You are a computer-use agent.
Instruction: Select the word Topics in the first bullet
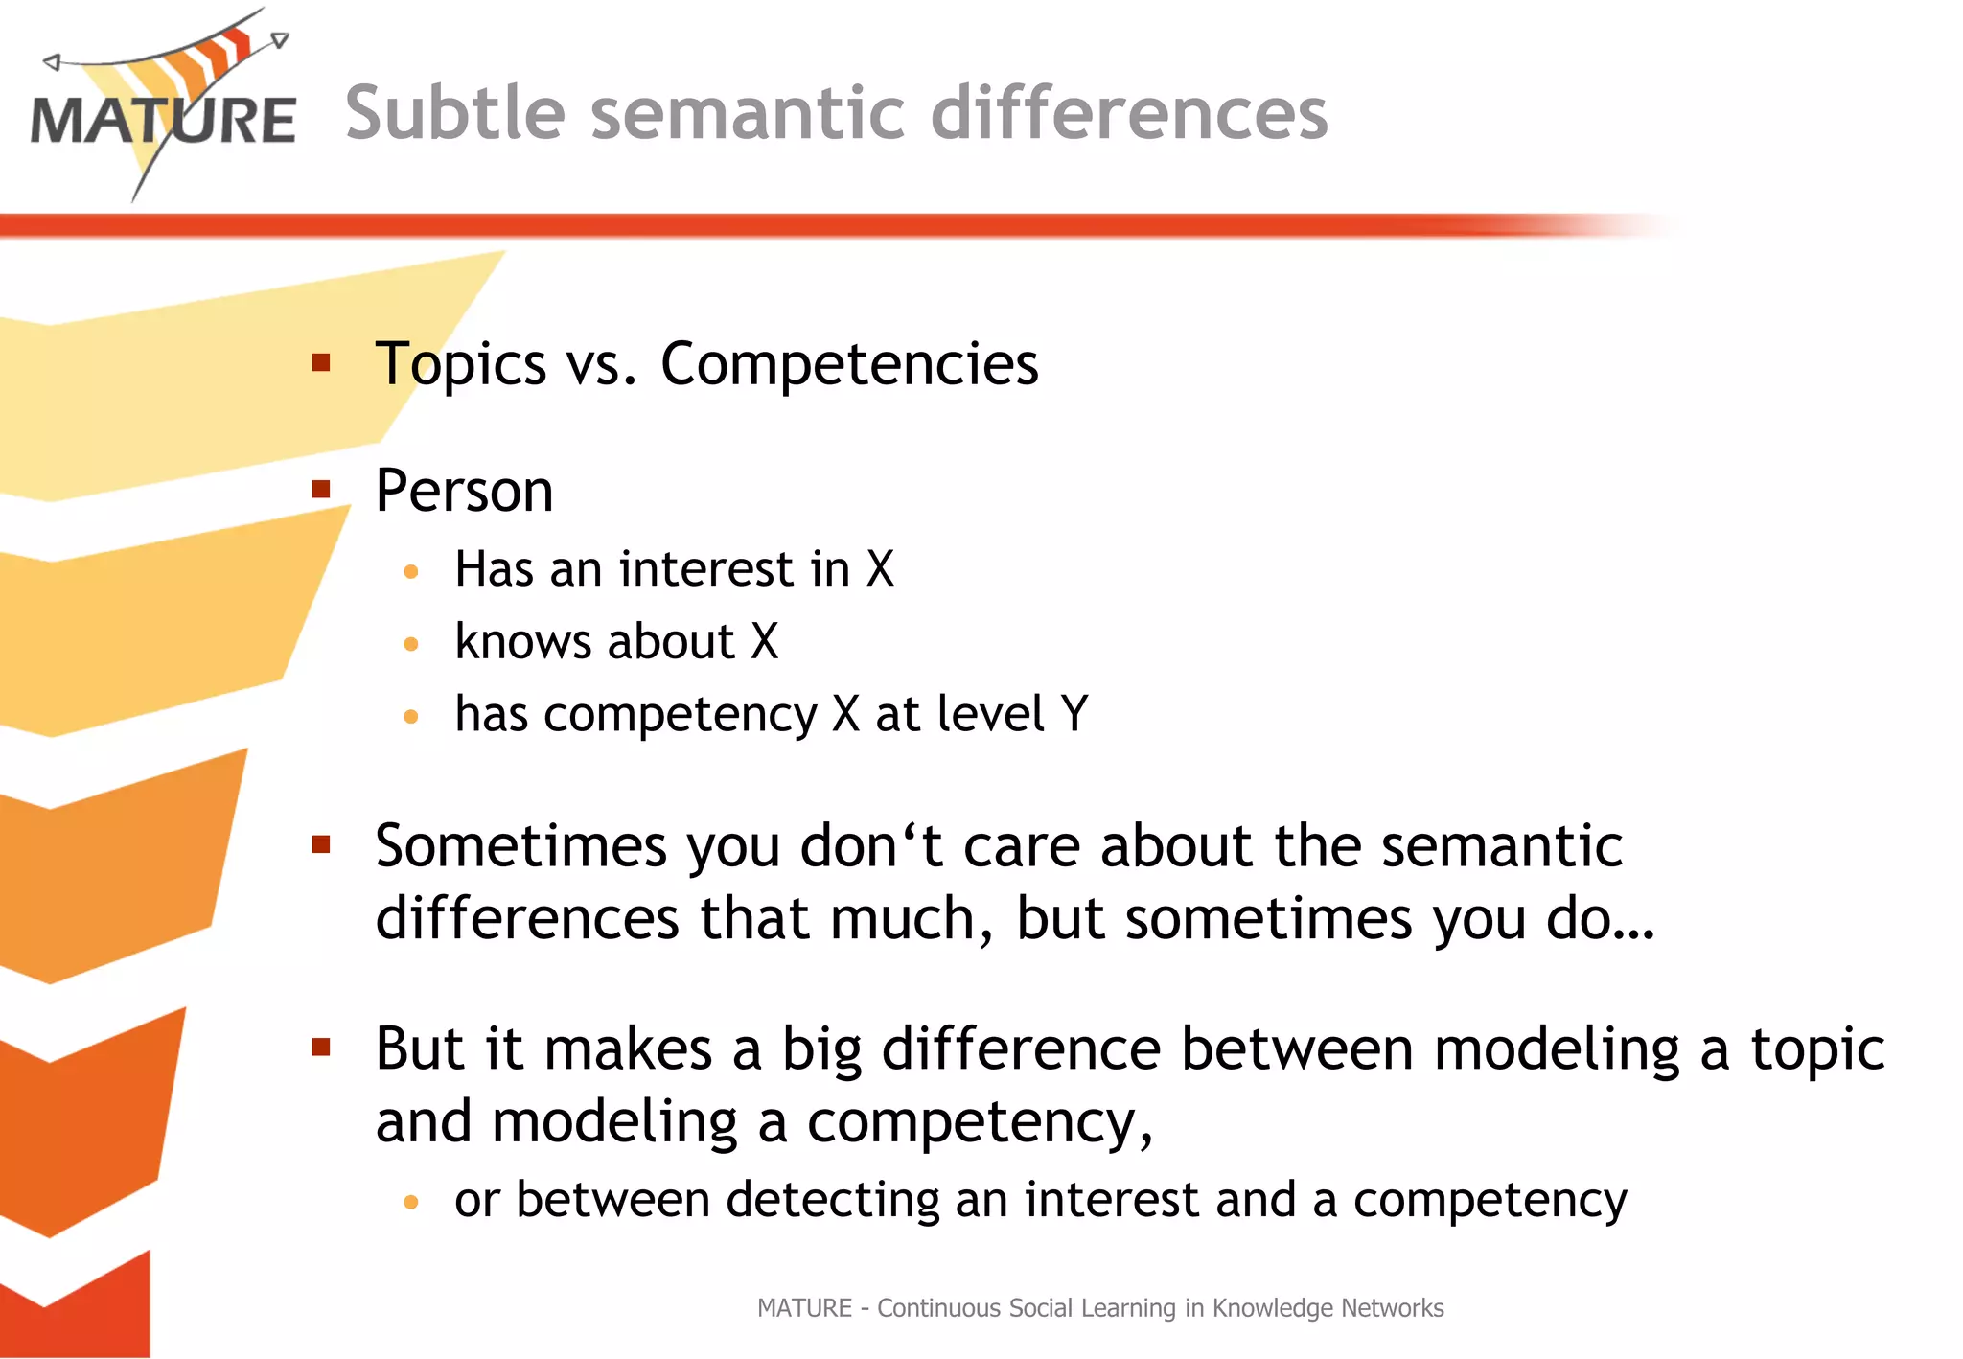(461, 365)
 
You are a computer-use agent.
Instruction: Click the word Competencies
(849, 365)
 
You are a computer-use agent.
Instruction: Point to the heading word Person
(464, 492)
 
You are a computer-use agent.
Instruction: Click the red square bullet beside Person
(321, 490)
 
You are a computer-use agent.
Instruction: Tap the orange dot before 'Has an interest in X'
(411, 572)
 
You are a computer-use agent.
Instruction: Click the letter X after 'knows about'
(764, 641)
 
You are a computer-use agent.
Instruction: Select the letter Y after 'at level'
(1074, 714)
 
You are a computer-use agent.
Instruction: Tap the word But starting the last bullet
(420, 1048)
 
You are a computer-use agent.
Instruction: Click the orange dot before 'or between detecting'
(411, 1202)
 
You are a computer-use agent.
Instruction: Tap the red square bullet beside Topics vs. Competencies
(321, 362)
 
